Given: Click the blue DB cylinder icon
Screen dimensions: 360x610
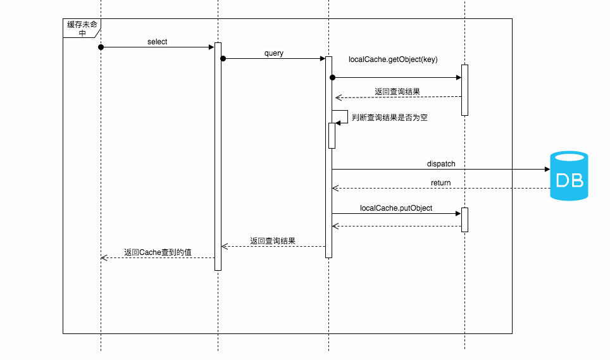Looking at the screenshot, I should (x=568, y=176).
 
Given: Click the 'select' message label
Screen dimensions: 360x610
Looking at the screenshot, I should (x=157, y=42).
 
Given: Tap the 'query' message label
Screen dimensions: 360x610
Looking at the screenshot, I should (x=274, y=53).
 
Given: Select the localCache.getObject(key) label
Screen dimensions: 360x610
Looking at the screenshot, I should (x=393, y=59).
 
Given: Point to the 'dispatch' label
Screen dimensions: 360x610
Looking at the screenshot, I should (x=441, y=164).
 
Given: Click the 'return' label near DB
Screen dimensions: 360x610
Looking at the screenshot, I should (x=441, y=183).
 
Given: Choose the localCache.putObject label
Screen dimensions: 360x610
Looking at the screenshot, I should (x=396, y=208).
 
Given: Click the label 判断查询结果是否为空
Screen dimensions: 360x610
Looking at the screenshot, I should (x=389, y=118).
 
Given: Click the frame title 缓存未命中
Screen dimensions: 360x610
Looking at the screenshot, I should (x=82, y=28).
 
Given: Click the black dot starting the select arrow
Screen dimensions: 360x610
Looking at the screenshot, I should (x=101, y=47).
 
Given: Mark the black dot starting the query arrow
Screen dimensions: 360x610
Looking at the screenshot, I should (x=223, y=59).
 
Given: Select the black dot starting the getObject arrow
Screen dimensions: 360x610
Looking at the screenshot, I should (x=332, y=78).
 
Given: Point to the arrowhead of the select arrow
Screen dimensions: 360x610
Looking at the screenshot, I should (x=211, y=47).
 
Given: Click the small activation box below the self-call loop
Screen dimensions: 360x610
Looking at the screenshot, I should (x=332, y=135).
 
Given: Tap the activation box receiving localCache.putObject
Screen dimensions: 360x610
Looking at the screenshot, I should (x=464, y=219).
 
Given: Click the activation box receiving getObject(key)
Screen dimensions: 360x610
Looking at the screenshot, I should (x=464, y=90).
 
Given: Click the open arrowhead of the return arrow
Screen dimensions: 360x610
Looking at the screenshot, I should (x=335, y=189).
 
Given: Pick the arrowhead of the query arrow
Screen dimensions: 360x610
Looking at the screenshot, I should (x=322, y=59).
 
